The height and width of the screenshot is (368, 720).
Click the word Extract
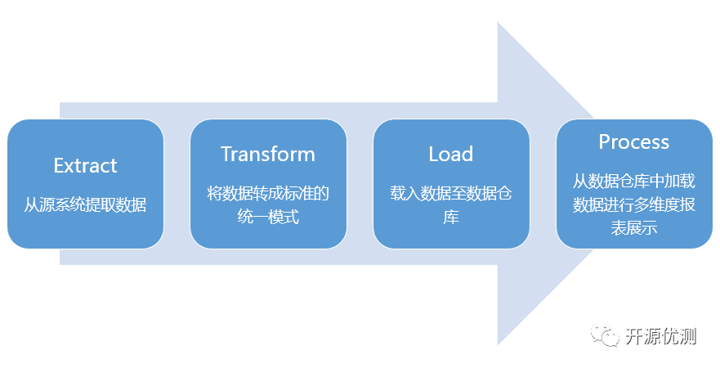coord(86,165)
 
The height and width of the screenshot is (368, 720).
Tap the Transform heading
coord(268,154)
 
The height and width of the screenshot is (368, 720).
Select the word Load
coord(451,154)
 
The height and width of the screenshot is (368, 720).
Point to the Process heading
coord(633,142)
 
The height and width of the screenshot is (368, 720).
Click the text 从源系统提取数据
coord(86,205)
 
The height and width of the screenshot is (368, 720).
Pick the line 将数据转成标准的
coord(268,194)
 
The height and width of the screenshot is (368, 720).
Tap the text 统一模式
coord(268,217)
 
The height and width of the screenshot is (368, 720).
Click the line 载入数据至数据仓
coord(451,194)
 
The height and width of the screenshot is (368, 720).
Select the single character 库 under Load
coord(451,217)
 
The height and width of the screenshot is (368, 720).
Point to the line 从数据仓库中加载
coord(633,182)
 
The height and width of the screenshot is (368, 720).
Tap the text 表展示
coord(633,228)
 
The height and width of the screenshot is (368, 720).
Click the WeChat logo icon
coord(604,335)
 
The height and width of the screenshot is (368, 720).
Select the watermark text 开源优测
coord(661,336)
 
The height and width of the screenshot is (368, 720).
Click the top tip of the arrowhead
coord(498,22)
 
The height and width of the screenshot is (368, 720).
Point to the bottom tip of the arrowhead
coord(498,345)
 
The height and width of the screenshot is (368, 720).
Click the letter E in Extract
coord(59,165)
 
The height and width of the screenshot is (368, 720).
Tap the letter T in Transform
coord(226,154)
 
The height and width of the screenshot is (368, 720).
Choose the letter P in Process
coord(604,142)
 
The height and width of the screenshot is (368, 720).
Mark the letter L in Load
coord(433,154)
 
